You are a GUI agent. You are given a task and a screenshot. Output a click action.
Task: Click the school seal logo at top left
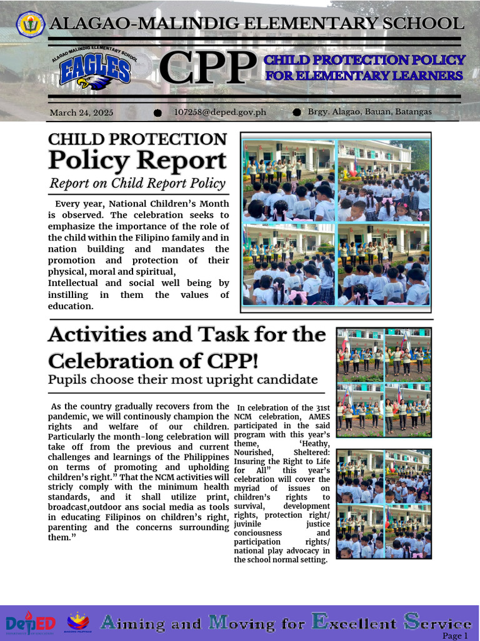point(29,24)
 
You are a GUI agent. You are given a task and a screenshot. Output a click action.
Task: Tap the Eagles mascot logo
point(95,68)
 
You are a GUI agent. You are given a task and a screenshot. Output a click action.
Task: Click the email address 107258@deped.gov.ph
point(220,112)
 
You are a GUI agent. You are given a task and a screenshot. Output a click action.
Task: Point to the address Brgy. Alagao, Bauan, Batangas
point(369,111)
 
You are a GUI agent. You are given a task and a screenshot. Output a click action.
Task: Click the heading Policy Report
point(137,160)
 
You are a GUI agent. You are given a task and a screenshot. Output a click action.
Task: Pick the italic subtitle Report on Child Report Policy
point(137,183)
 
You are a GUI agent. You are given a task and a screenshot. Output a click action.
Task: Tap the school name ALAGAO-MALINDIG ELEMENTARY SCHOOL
point(256,24)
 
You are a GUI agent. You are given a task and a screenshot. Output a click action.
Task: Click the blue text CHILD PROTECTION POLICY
point(364,60)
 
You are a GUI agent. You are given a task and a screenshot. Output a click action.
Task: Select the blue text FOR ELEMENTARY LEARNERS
point(364,76)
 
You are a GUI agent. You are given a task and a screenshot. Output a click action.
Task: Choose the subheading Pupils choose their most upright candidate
point(182,379)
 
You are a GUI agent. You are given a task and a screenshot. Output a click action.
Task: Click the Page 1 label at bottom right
point(454,635)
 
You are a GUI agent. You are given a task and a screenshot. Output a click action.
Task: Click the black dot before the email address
point(157,112)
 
